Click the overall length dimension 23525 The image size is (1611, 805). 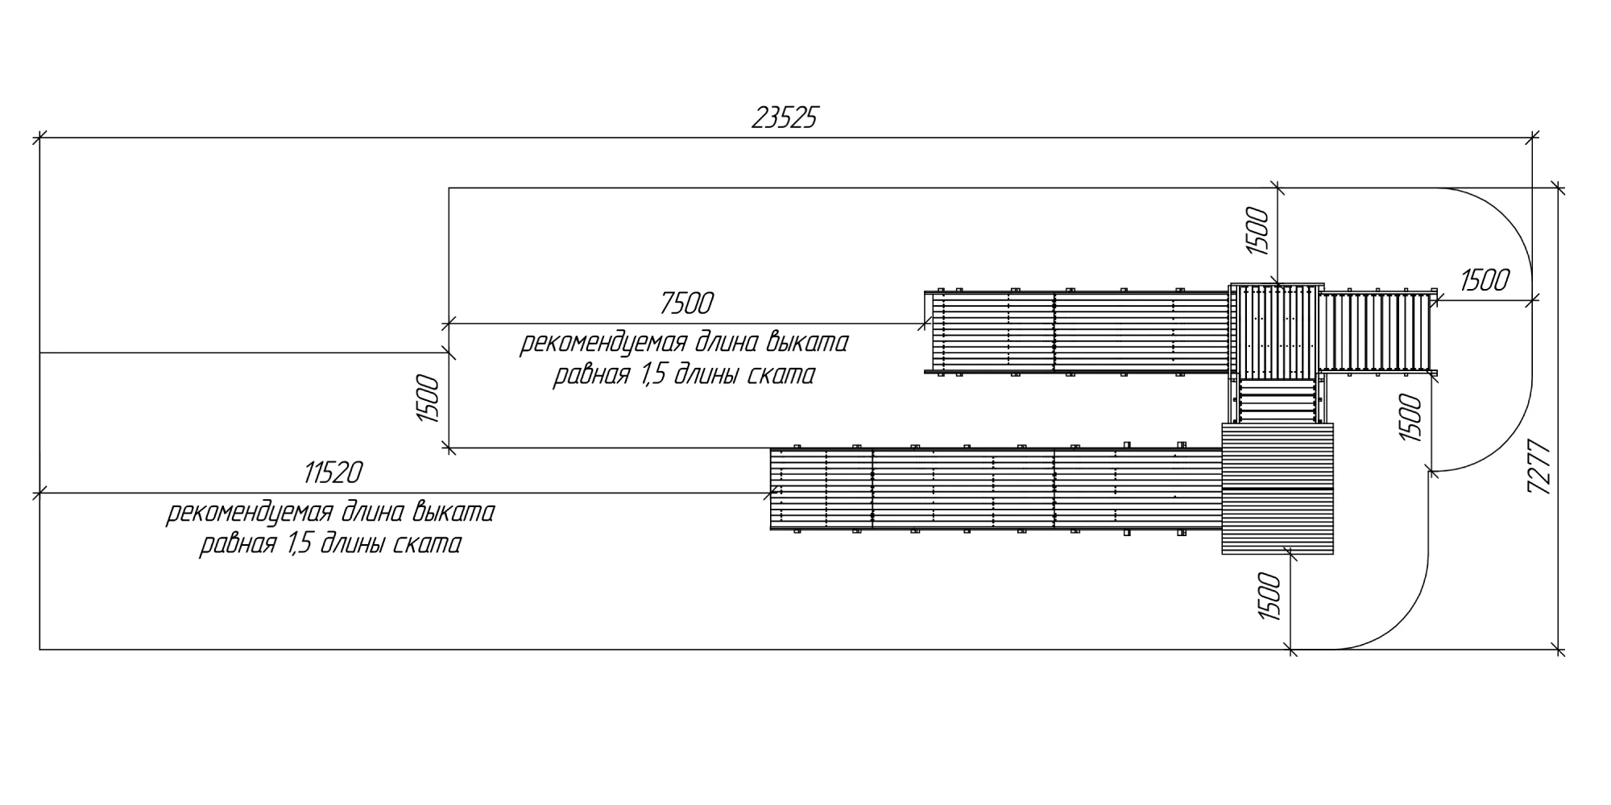784,118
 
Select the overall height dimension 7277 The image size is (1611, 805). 1539,467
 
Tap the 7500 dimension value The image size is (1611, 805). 686,303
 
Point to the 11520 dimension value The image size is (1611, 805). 333,473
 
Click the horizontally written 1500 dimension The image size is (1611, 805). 1484,280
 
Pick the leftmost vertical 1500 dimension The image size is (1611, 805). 428,398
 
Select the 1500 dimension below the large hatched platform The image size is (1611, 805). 1269,596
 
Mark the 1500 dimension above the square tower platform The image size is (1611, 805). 1257,231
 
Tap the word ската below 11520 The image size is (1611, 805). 427,544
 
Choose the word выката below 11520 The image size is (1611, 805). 453,512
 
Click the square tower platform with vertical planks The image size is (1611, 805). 1277,331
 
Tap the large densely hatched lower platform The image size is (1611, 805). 1278,489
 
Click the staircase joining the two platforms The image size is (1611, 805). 1278,401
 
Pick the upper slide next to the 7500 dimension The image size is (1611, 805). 1079,332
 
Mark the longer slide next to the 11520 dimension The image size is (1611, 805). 996,489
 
